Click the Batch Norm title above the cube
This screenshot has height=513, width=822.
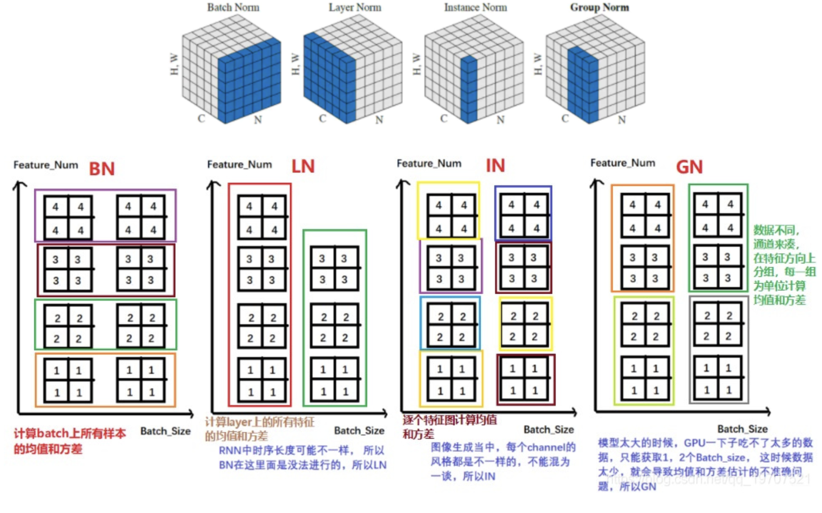click(233, 8)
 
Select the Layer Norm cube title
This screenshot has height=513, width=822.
click(355, 8)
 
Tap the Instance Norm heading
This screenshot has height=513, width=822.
click(475, 8)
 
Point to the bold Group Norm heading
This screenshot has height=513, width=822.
click(599, 8)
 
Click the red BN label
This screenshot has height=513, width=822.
click(102, 169)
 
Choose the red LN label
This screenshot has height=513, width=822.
click(303, 166)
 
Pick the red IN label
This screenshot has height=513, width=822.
click(495, 165)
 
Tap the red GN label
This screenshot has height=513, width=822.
click(689, 167)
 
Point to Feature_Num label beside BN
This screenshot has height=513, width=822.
click(46, 165)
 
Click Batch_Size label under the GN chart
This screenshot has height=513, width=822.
click(742, 429)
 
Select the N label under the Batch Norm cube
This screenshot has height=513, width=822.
click(258, 120)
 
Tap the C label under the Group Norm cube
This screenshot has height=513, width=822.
click(565, 119)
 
